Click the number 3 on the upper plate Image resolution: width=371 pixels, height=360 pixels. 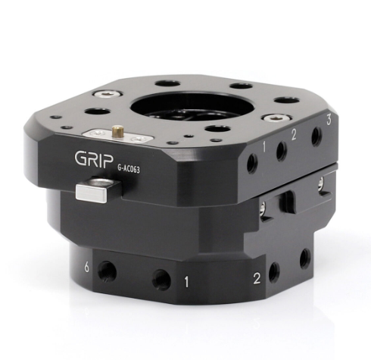328,119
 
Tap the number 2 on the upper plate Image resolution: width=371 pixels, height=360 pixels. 293,133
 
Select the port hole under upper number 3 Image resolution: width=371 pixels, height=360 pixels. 316,136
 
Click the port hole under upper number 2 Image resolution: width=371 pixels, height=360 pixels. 281,151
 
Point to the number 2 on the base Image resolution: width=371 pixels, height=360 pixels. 257,278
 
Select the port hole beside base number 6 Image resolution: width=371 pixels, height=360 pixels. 110,271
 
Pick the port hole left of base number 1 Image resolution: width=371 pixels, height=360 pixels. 161,279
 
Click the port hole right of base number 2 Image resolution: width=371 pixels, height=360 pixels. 273,272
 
